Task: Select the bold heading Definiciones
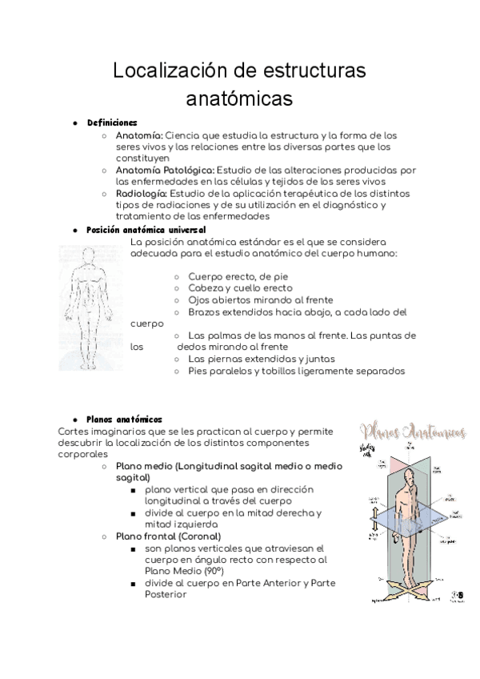point(112,123)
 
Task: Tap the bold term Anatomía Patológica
point(165,170)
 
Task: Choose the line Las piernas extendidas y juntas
point(261,359)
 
